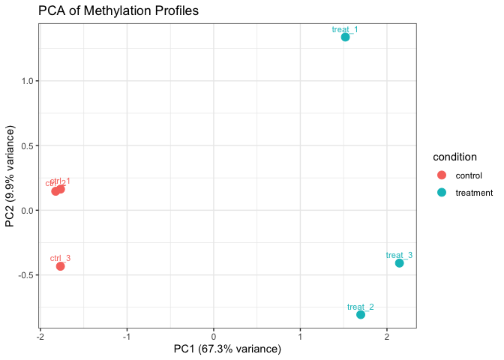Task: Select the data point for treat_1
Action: pyautogui.click(x=345, y=37)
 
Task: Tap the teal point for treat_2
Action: pyautogui.click(x=361, y=314)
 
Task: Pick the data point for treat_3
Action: pyautogui.click(x=399, y=263)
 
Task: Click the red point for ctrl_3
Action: pyautogui.click(x=60, y=266)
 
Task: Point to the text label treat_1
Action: pyautogui.click(x=345, y=29)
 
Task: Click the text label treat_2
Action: pyautogui.click(x=361, y=307)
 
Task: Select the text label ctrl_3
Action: pyautogui.click(x=60, y=258)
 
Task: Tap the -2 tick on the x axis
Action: pyautogui.click(x=40, y=335)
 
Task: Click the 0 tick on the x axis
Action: pyautogui.click(x=214, y=335)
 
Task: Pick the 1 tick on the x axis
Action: pyautogui.click(x=300, y=335)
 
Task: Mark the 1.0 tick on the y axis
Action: pyautogui.click(x=28, y=81)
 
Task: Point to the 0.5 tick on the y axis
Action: pyautogui.click(x=28, y=145)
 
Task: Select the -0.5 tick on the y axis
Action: pyautogui.click(x=27, y=274)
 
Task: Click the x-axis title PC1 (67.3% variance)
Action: pyautogui.click(x=227, y=349)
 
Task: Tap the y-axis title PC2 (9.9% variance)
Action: pyautogui.click(x=10, y=177)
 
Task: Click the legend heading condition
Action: pyautogui.click(x=455, y=157)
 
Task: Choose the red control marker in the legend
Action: pyautogui.click(x=441, y=175)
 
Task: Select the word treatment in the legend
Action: pyautogui.click(x=474, y=192)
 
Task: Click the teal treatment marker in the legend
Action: pyautogui.click(x=441, y=192)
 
